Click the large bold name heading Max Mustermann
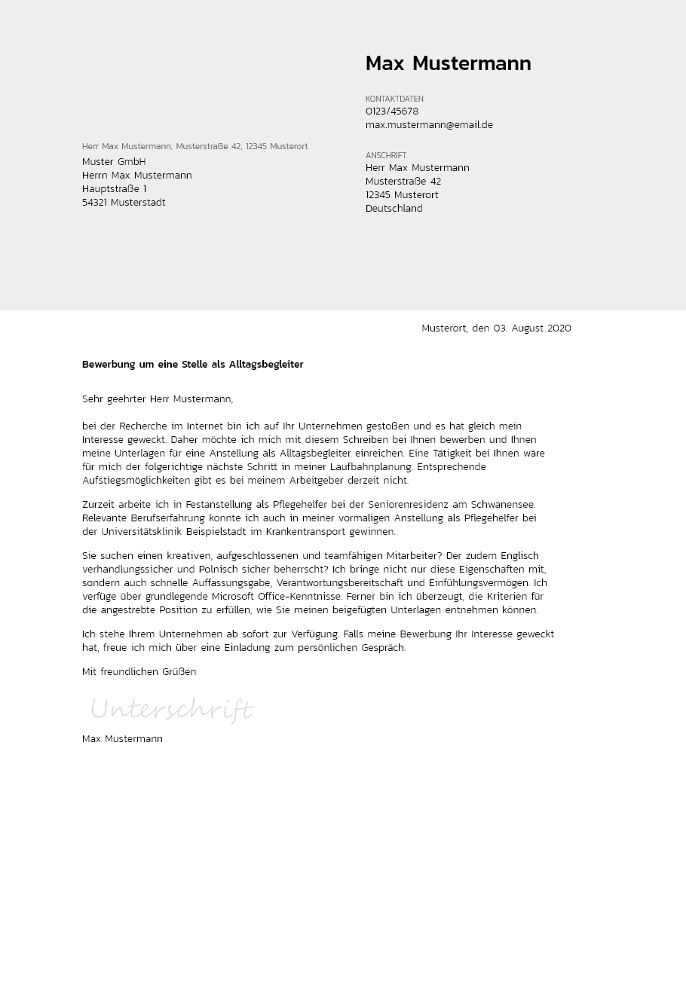[x=448, y=64]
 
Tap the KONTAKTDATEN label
[x=394, y=99]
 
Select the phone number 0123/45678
[x=392, y=112]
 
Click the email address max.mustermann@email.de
[x=429, y=125]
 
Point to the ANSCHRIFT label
[x=386, y=155]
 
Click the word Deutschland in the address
[x=394, y=209]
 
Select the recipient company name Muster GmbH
[x=114, y=162]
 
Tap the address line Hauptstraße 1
[x=114, y=189]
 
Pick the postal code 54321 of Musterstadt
[x=95, y=203]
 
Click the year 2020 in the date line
[x=559, y=328]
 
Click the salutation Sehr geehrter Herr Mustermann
[x=158, y=399]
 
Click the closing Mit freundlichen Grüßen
[x=139, y=672]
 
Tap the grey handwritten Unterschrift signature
[x=172, y=710]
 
